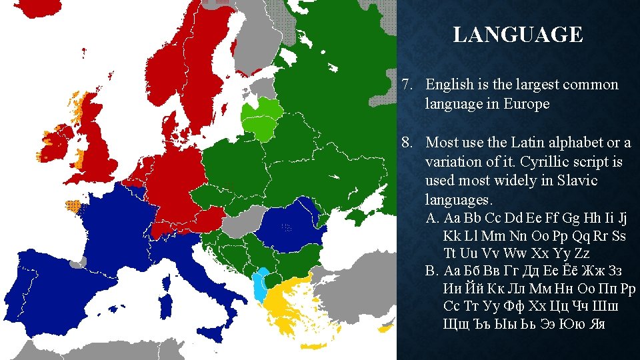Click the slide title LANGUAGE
click(x=517, y=35)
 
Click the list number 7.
click(x=408, y=85)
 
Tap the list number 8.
click(x=408, y=143)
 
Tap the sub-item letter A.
click(x=432, y=219)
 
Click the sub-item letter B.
click(x=432, y=271)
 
